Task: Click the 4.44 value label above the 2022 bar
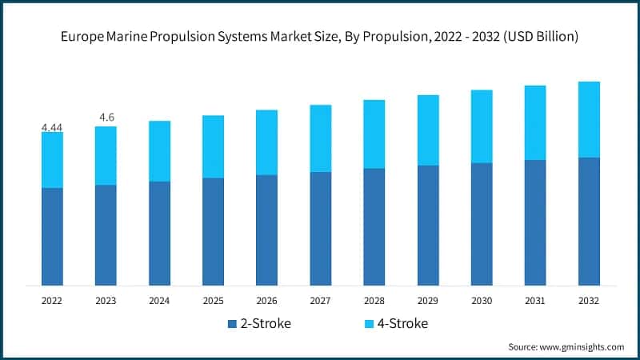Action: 52,127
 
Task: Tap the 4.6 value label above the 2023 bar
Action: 106,118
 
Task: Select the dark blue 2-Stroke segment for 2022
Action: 52,237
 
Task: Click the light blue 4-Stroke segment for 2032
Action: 589,119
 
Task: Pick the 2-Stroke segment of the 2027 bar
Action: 320,229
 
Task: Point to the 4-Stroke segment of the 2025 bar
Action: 213,146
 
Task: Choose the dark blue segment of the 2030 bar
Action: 482,224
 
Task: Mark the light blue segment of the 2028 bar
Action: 374,134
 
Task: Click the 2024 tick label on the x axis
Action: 159,301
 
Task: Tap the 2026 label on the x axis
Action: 266,301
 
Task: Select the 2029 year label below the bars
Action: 428,301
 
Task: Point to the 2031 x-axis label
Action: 535,301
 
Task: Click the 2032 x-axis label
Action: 589,301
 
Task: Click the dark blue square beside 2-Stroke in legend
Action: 232,324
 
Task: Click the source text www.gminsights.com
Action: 581,346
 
